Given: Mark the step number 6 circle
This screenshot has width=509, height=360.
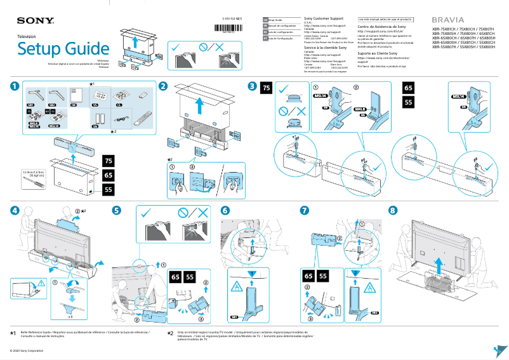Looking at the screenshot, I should (225, 210).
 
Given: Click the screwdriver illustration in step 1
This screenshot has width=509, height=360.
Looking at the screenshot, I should (33, 183).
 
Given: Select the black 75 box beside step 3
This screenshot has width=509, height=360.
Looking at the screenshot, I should (267, 88).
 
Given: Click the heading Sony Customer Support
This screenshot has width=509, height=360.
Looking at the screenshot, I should (326, 20).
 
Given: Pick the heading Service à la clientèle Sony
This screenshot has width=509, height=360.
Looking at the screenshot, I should (326, 48).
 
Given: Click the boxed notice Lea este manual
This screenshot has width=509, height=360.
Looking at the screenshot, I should (385, 20).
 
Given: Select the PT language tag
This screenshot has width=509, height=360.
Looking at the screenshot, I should (266, 39).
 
